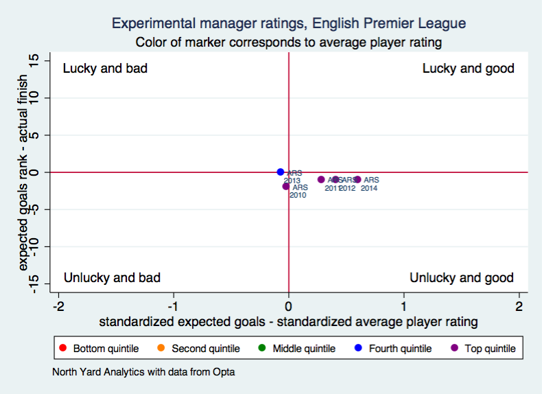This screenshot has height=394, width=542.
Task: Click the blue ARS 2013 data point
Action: coord(281,172)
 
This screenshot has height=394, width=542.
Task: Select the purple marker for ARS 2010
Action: coord(286,186)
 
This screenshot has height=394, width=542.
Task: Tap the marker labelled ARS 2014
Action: coord(357,179)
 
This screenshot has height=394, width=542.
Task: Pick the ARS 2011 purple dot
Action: coord(321,179)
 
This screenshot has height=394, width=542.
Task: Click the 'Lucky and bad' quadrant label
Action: coord(105,69)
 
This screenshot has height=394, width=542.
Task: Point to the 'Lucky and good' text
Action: coord(468,69)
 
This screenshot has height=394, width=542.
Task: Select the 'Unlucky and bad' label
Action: coord(112,277)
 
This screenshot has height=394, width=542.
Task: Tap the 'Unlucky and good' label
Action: coord(461,277)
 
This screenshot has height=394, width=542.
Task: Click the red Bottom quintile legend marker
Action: coord(64,349)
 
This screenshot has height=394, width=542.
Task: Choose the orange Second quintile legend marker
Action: coord(161,349)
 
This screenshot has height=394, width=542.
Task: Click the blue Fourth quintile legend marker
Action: coord(359,349)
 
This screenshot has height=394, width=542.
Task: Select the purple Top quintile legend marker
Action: coord(456,349)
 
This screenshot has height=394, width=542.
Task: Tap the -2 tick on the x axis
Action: coord(59,305)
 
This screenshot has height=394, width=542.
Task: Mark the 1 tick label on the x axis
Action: coord(403,305)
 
